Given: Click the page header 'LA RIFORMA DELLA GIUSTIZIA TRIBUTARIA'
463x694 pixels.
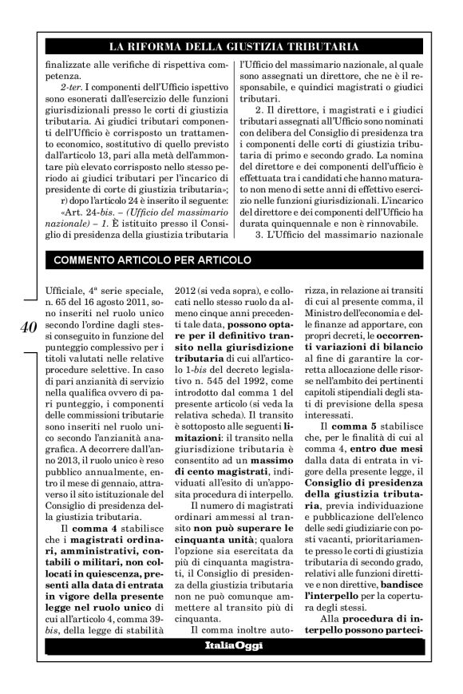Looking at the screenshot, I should (232, 47).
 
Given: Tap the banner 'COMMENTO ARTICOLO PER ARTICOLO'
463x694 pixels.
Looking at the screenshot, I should (152, 260).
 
